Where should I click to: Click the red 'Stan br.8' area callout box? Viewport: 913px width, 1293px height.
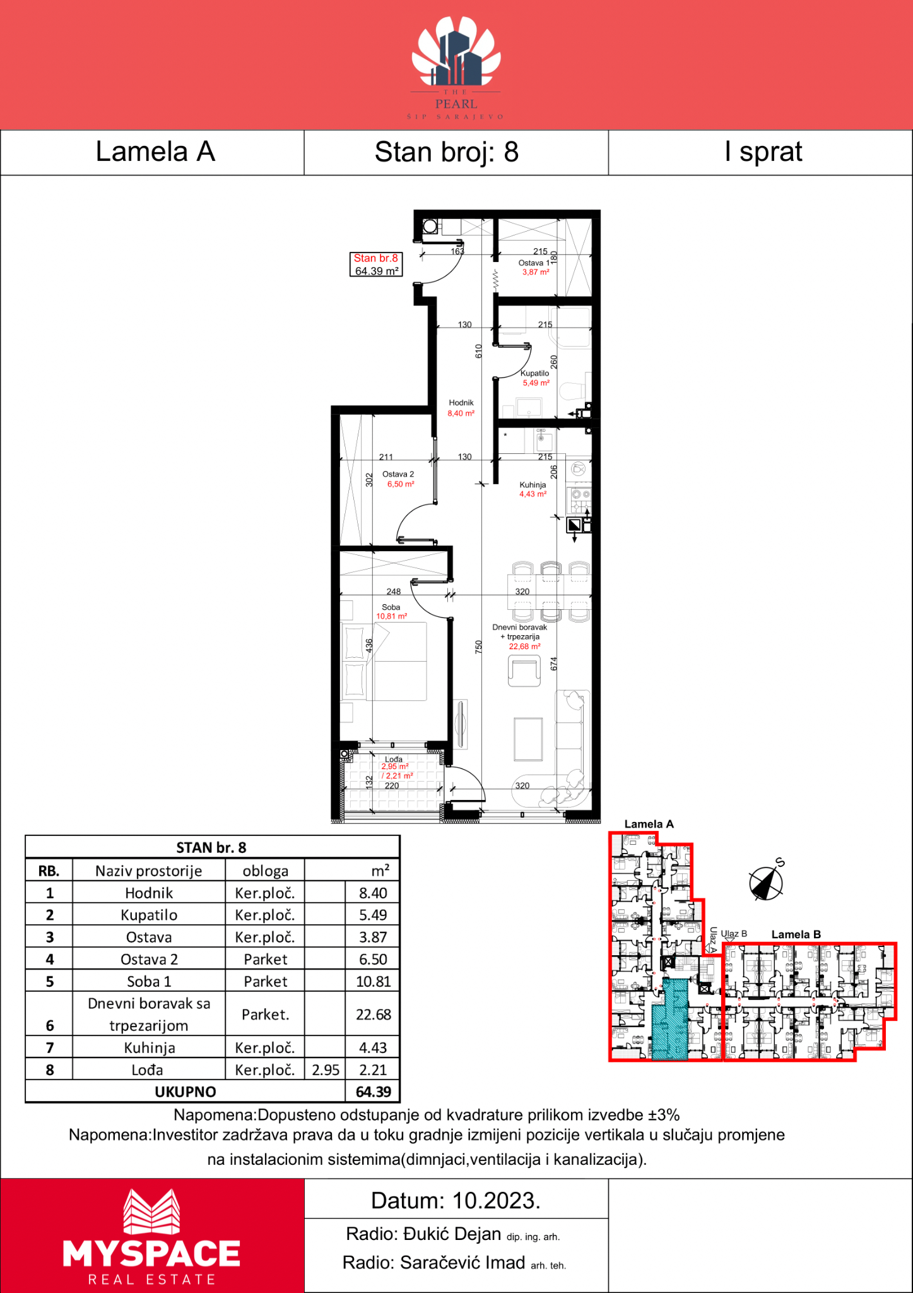376,265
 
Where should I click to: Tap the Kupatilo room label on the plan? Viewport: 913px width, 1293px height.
535,373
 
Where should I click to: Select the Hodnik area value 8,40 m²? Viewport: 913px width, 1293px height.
461,414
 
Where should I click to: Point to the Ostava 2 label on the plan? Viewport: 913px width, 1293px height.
398,474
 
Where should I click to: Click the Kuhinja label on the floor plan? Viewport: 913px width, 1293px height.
533,485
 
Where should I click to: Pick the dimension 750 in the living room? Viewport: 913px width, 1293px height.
479,646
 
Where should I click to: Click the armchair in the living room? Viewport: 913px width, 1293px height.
524,670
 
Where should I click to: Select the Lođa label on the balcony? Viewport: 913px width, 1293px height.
394,759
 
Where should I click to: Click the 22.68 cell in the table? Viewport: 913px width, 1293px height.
374,1014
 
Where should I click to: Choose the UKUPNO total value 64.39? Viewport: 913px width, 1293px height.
374,1092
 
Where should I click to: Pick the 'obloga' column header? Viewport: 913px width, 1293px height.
266,871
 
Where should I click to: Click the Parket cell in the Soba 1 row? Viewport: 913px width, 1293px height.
266,981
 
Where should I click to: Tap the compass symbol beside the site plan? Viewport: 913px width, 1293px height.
767,880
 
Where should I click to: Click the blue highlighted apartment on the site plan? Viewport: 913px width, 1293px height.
669,1020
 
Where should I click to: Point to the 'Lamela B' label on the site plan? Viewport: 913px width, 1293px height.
796,934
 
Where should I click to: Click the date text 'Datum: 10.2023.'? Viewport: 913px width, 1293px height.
456,1200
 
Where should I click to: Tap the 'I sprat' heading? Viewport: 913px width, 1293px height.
763,152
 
